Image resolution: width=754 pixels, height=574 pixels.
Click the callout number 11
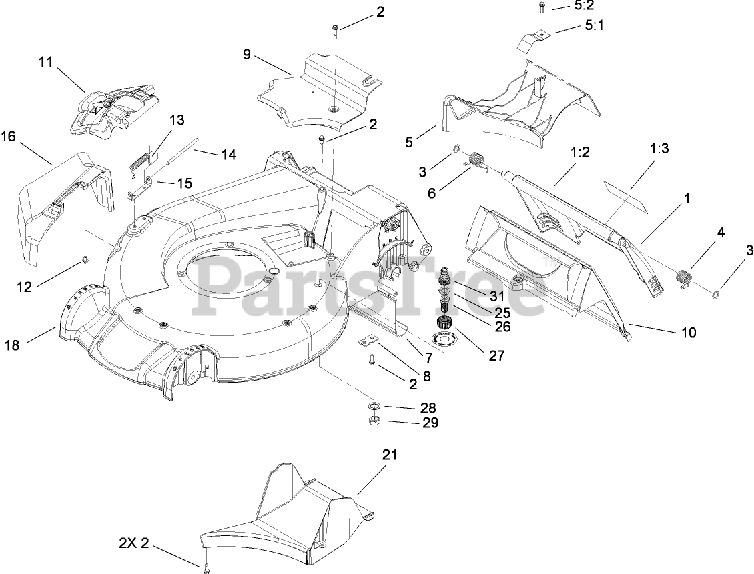tap(45, 61)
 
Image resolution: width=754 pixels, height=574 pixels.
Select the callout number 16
tap(8, 137)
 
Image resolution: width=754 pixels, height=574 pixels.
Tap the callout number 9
tap(247, 54)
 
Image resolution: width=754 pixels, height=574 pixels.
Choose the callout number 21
tap(389, 455)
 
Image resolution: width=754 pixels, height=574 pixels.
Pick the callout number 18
tap(12, 345)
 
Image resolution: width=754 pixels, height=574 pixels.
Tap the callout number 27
tap(496, 355)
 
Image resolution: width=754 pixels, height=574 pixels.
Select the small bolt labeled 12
tap(85, 258)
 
